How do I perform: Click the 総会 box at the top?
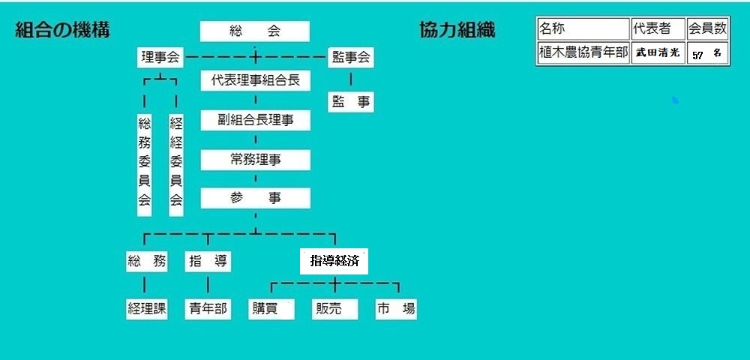[x=254, y=31]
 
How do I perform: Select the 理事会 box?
[x=160, y=58]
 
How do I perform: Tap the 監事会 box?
[x=350, y=58]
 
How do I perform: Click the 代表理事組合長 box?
[x=256, y=80]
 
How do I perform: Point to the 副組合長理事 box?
[x=256, y=120]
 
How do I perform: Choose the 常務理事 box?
[x=256, y=160]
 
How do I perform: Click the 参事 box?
[x=256, y=198]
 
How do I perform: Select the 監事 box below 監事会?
[x=350, y=102]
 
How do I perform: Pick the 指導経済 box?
[x=334, y=261]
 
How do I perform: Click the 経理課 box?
[x=147, y=309]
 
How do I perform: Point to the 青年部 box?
[x=208, y=309]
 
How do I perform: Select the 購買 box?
[x=271, y=309]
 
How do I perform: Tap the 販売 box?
[x=334, y=309]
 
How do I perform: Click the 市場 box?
[x=396, y=309]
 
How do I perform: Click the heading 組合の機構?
[x=63, y=30]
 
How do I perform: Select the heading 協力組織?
[x=457, y=30]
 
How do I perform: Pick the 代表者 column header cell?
[x=658, y=28]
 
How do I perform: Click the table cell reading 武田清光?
[x=658, y=52]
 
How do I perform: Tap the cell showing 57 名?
[x=707, y=52]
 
